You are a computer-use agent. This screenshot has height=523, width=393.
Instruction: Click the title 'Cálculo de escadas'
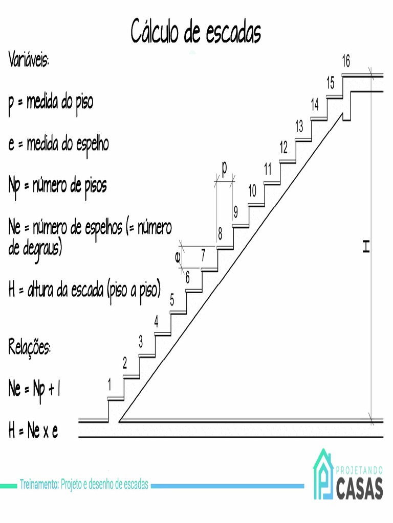196,32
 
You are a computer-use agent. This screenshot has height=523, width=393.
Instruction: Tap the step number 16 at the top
346,62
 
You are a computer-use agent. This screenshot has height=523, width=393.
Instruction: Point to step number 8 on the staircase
220,234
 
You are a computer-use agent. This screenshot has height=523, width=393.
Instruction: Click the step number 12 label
283,148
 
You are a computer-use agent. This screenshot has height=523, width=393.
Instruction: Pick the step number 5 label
172,300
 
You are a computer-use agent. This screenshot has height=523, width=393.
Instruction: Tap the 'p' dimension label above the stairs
224,167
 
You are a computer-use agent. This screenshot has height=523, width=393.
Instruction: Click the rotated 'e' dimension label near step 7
178,258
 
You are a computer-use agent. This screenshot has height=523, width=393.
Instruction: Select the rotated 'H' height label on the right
365,248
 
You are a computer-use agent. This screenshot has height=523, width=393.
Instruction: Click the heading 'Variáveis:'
29,60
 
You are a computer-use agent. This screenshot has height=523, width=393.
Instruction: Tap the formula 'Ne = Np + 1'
35,390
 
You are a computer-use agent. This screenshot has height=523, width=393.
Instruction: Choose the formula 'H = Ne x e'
33,432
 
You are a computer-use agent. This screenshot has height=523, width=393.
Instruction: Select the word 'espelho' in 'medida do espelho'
92,144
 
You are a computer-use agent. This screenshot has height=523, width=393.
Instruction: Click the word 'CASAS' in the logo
360,489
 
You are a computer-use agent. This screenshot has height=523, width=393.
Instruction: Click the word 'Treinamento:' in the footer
39,484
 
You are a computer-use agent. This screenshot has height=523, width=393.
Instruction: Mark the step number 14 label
315,105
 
